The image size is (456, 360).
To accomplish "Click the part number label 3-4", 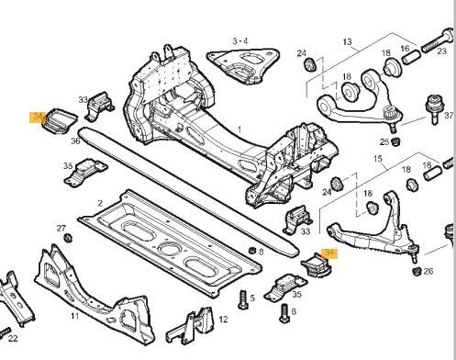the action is click(240, 40).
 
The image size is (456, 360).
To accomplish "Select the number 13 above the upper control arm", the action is click(347, 41).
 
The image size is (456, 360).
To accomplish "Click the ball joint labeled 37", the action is click(435, 109).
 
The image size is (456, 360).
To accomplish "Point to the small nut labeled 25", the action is click(396, 141).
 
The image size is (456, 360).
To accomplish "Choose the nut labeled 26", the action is click(416, 271).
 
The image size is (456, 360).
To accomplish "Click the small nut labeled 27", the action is click(68, 237).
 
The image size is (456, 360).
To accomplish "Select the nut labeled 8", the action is click(252, 250).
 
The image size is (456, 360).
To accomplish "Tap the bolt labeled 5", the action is click(243, 299).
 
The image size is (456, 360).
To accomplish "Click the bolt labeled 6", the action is click(284, 313).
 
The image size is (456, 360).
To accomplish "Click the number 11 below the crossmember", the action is click(74, 316).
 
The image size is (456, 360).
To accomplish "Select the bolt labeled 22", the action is click(6, 332).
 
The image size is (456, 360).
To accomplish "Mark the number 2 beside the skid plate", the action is click(100, 203).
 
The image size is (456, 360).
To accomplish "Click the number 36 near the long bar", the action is click(75, 141).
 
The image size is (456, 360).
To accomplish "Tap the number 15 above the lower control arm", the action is click(378, 159).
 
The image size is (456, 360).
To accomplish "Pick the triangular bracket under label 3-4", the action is click(243, 65).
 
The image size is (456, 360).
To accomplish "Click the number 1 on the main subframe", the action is click(239, 129).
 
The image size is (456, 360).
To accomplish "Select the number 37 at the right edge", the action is click(449, 116).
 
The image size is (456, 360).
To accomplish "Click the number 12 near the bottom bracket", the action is click(223, 320).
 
